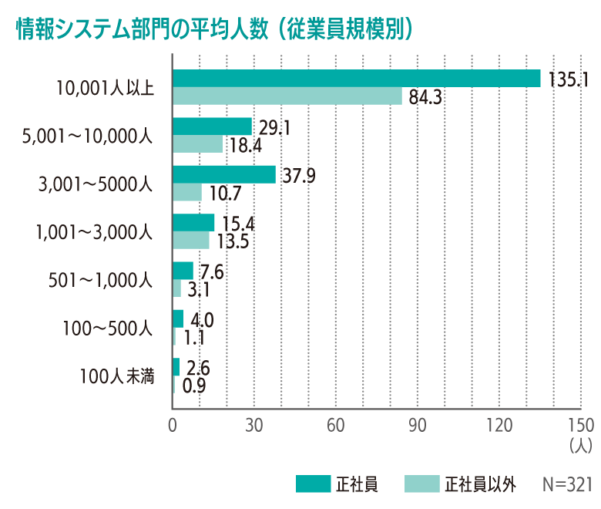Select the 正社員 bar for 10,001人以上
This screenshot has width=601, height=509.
tap(357, 79)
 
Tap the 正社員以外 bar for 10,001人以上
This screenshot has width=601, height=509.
tap(287, 96)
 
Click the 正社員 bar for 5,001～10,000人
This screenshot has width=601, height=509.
tap(213, 126)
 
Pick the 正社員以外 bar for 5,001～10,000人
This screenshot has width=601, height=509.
tap(198, 144)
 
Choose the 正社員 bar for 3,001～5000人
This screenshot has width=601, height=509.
tap(224, 174)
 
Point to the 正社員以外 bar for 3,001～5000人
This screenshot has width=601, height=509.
tap(187, 192)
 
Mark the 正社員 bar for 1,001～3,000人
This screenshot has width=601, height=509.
tap(194, 222)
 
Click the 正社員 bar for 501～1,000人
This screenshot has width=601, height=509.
tap(183, 271)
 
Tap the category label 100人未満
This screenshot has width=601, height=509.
tap(116, 377)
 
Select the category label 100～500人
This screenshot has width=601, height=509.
tap(109, 329)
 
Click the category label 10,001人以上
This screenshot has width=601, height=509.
tap(106, 87)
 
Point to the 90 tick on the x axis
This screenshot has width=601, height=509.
tap(417, 425)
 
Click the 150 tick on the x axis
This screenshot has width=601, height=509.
tap(579, 425)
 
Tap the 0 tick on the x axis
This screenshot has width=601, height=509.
tap(173, 425)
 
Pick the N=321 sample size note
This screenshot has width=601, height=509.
tap(566, 484)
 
